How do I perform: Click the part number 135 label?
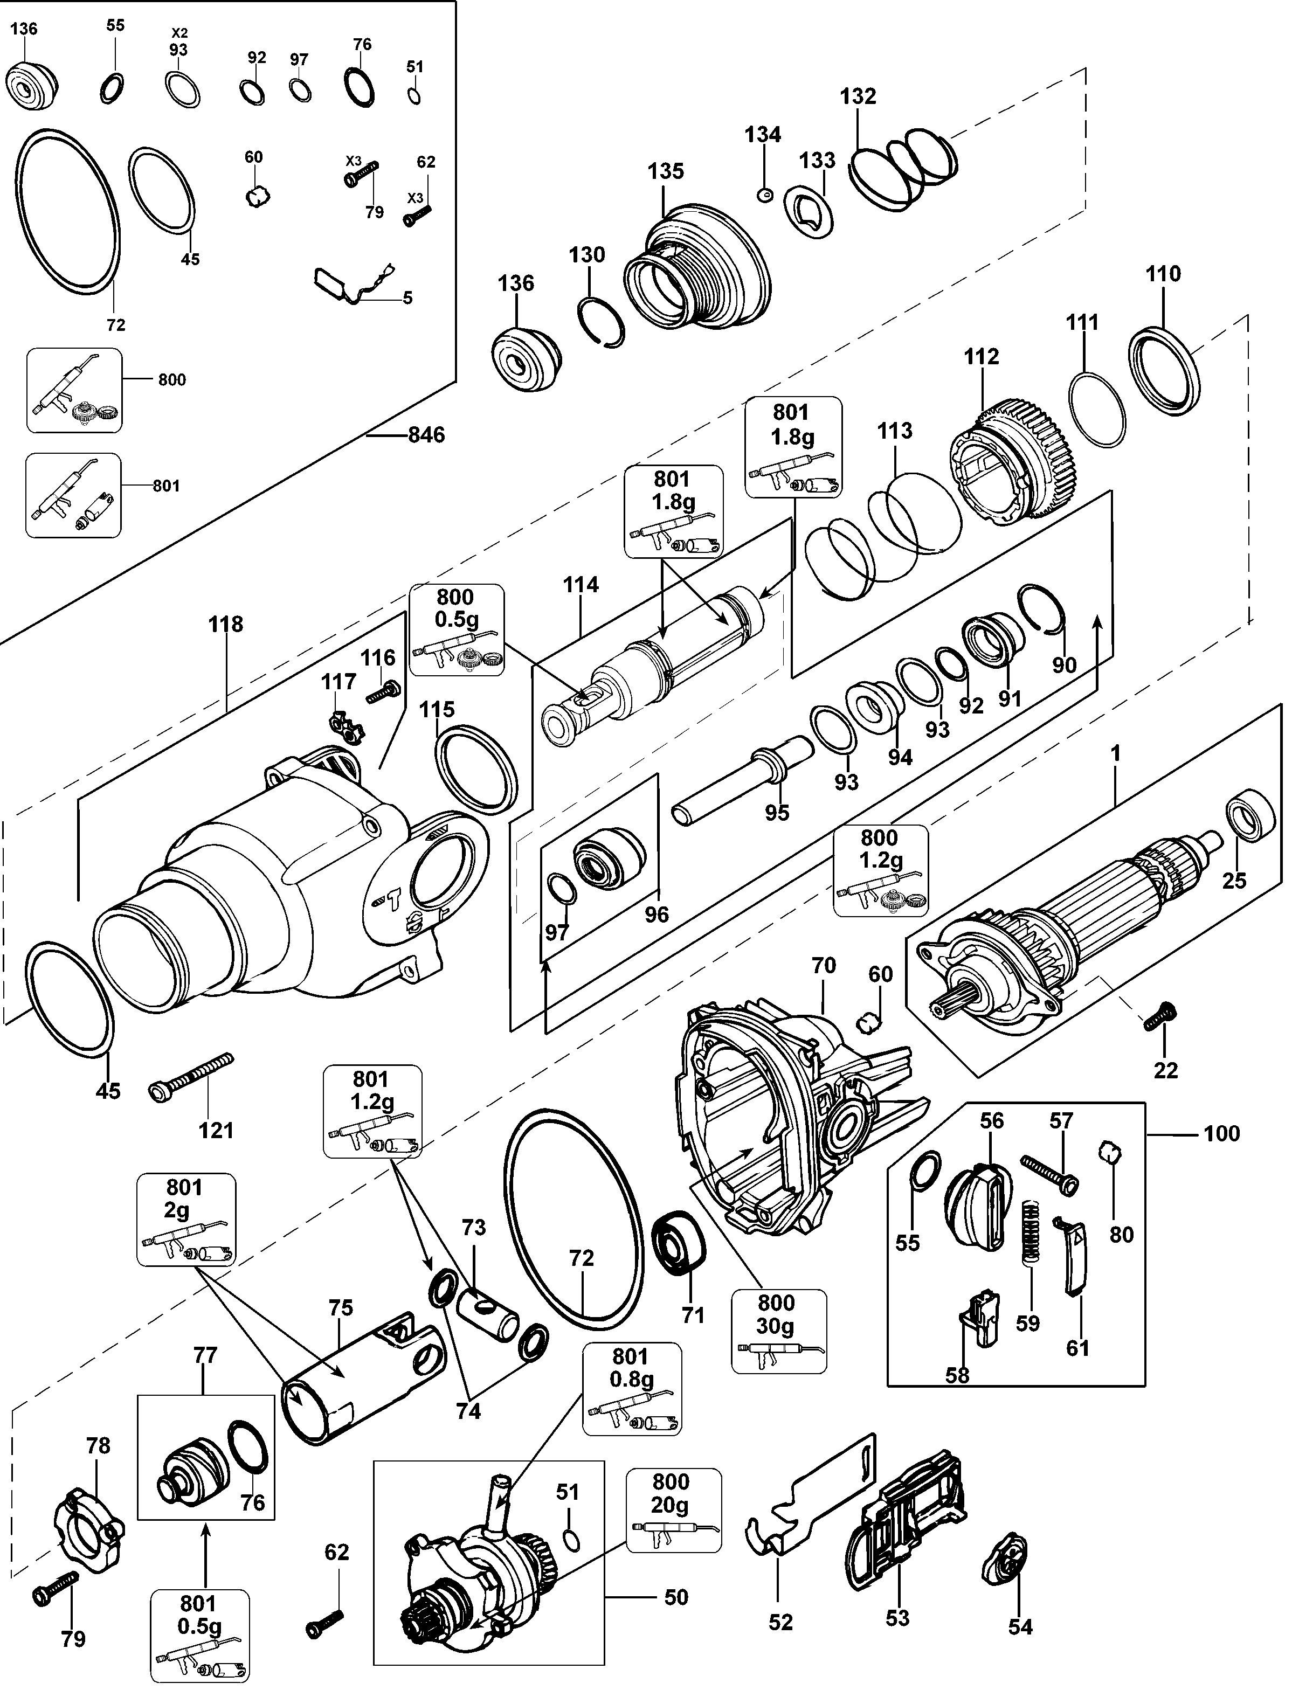click(x=665, y=171)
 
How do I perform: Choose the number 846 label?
click(x=426, y=435)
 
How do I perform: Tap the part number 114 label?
click(x=580, y=585)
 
